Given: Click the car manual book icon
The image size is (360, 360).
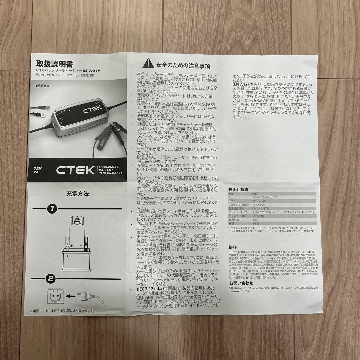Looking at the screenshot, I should [77, 221].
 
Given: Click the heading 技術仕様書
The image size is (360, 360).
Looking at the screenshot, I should [239, 189].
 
